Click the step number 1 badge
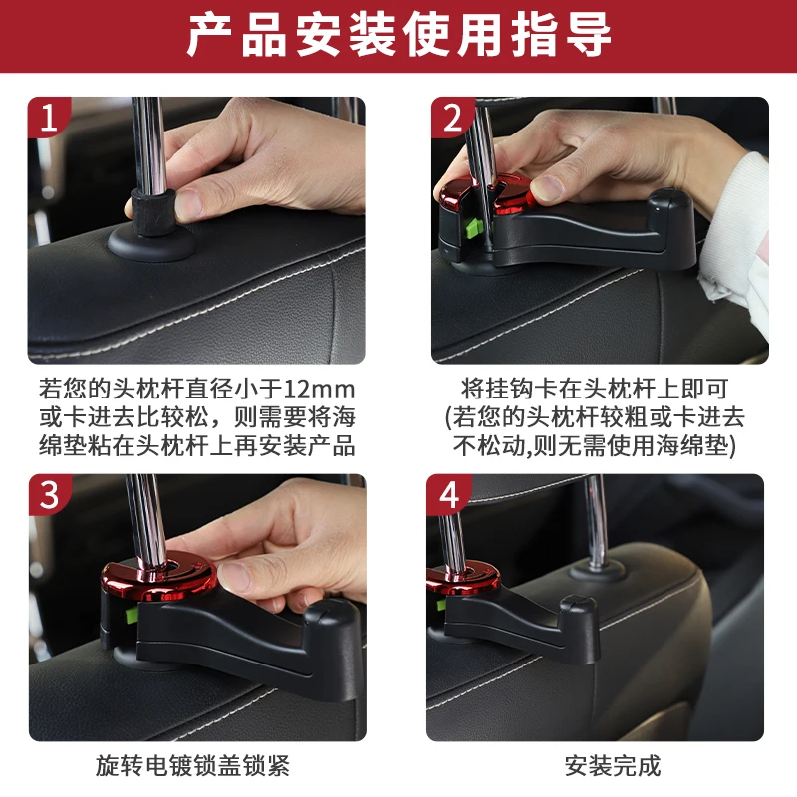[47, 117]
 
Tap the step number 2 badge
[451, 117]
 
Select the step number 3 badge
[48, 494]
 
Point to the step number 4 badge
[448, 494]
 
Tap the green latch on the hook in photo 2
[473, 228]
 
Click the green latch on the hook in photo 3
[132, 615]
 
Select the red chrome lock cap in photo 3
[158, 575]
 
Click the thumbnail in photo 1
[188, 204]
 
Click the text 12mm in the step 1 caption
[319, 390]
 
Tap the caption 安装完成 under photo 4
[613, 766]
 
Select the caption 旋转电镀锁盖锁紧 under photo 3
[192, 766]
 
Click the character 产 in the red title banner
[209, 36]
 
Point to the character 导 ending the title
[588, 36]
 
